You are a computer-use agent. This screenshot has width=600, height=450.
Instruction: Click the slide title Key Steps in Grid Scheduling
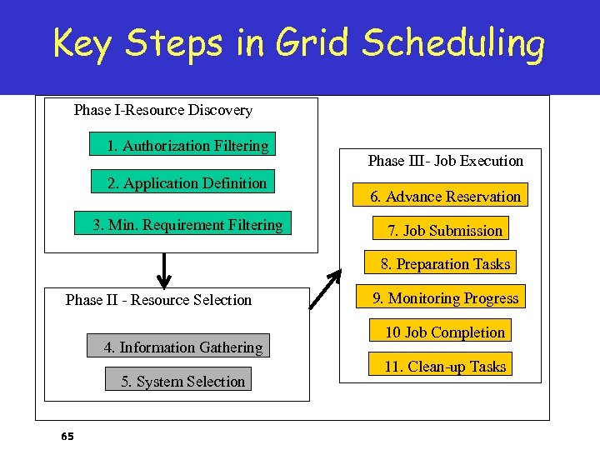coord(298,43)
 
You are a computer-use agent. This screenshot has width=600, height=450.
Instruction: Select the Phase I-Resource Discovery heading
coord(162,110)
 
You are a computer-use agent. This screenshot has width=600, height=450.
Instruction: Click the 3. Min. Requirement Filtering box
coord(187,225)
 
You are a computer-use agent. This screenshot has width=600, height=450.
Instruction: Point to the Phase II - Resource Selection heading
coord(158,300)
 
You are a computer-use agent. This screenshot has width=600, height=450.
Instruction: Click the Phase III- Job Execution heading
coord(445,161)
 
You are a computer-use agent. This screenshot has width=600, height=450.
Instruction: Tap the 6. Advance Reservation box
coord(445,197)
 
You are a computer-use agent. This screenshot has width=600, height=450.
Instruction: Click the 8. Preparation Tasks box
coord(444,264)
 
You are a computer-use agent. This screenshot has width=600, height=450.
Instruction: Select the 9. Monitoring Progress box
coord(444,298)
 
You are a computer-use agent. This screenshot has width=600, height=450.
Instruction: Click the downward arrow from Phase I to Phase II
coord(164,269)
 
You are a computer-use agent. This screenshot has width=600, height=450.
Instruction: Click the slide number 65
coord(67,436)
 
